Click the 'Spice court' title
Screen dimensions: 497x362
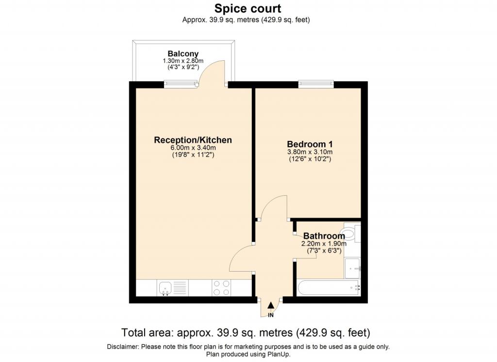coord(248,9)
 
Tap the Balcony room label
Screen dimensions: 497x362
coord(183,53)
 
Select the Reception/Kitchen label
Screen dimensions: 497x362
coord(193,140)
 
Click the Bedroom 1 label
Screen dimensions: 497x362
coord(310,144)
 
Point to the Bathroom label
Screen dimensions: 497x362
coord(324,236)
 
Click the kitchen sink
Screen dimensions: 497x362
coord(165,288)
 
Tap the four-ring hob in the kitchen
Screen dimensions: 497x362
coord(221,288)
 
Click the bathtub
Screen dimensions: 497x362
coord(329,288)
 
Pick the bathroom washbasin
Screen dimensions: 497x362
coord(352,268)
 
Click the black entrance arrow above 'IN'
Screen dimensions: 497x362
coord(271,305)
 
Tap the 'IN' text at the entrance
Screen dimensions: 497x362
coord(271,315)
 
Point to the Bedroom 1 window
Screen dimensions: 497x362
coord(316,84)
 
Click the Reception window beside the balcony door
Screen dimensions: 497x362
coord(181,84)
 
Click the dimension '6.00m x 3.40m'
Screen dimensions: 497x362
coord(193,148)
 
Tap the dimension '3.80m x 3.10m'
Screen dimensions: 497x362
coord(310,152)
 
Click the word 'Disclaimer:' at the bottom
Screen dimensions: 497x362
coord(123,347)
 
